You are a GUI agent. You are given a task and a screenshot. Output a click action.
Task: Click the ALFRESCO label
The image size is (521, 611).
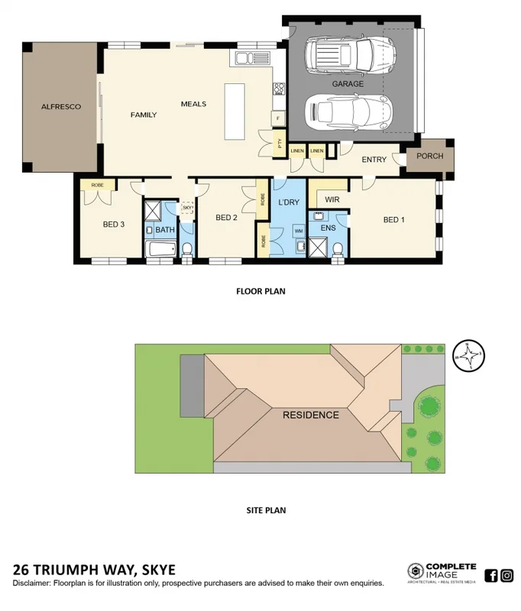point(61,107)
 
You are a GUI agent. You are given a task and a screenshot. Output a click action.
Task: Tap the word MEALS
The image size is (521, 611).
point(193,103)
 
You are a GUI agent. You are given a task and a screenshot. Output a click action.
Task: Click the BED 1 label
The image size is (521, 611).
point(393,220)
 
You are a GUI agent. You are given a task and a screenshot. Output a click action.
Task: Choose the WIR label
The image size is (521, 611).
point(332,199)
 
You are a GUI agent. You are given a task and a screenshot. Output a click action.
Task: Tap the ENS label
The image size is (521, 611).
point(328,228)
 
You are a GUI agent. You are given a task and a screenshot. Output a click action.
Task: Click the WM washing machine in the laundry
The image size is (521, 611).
point(298,229)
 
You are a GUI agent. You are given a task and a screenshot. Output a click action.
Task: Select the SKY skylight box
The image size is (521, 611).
point(187,208)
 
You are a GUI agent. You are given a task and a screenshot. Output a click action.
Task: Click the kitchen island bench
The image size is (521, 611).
point(232,112)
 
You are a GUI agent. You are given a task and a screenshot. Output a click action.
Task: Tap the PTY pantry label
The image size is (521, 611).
point(280,142)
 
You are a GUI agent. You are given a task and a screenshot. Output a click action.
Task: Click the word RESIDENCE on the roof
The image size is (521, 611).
point(311,415)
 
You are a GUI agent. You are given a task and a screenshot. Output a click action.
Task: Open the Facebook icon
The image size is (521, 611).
point(491,575)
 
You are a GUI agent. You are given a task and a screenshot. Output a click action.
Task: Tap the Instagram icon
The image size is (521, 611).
point(506,575)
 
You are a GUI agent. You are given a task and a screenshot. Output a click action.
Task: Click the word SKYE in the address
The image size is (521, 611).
point(155,570)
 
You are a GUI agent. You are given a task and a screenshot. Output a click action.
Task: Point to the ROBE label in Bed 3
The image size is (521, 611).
point(97,185)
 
